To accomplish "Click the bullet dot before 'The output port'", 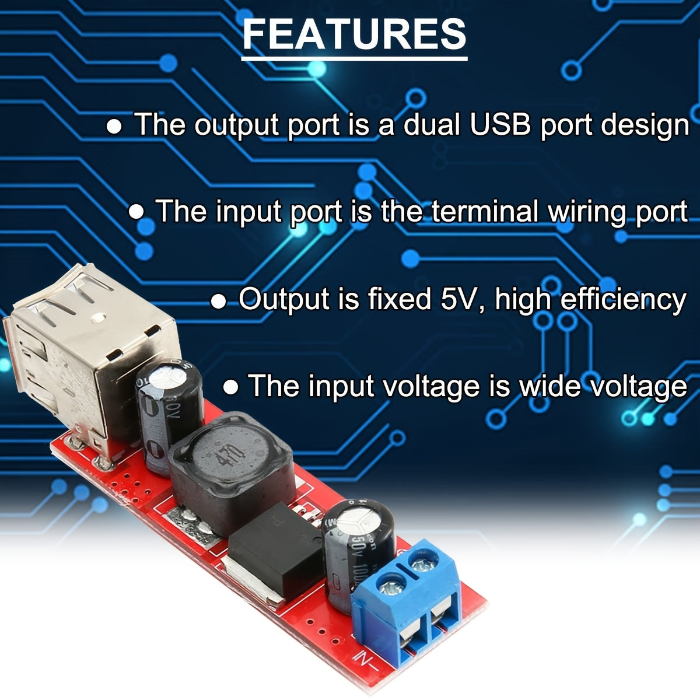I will pos(114,127).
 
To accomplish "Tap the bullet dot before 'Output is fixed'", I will pos(219,301).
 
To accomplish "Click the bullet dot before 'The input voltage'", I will pos(232,387).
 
